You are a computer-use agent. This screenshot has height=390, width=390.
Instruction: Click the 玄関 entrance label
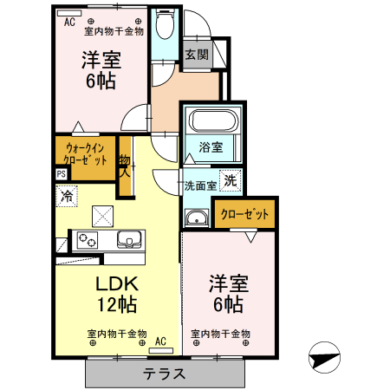(x=196, y=55)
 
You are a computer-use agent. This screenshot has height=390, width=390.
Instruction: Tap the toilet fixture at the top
(x=164, y=26)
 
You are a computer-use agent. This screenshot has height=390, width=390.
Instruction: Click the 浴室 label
(x=211, y=147)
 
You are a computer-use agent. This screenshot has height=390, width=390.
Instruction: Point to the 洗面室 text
(x=199, y=185)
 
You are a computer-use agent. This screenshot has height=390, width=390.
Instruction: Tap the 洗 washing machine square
(x=230, y=180)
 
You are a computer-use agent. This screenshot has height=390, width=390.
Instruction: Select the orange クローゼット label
(x=244, y=214)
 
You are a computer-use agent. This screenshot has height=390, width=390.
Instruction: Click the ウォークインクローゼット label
(x=86, y=153)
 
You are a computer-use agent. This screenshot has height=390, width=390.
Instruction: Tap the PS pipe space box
(x=61, y=173)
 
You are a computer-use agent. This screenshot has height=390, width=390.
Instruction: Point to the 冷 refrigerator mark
(x=66, y=197)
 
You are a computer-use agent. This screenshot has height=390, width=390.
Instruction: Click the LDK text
(x=116, y=283)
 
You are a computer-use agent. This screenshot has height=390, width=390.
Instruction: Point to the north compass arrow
(x=322, y=357)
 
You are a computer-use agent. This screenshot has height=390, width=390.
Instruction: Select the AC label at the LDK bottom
(x=160, y=341)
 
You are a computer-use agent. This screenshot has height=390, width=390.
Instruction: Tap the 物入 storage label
(x=124, y=165)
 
